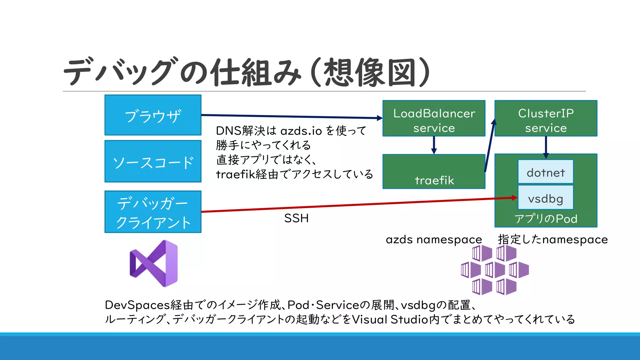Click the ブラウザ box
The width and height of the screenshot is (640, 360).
pyautogui.click(x=153, y=115)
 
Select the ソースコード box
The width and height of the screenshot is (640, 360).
pyautogui.click(x=153, y=161)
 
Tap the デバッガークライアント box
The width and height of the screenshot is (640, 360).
pyautogui.click(x=153, y=212)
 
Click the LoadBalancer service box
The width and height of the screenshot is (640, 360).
pyautogui.click(x=434, y=118)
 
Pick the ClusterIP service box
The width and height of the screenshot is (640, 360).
pyautogui.click(x=546, y=118)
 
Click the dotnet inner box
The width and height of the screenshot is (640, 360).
pyautogui.click(x=546, y=172)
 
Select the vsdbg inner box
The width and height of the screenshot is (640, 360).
pyautogui.click(x=546, y=198)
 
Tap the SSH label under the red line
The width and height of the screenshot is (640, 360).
pyautogui.click(x=296, y=218)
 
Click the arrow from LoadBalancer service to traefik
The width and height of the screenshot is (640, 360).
pyautogui.click(x=434, y=145)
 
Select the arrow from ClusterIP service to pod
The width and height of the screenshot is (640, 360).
pyautogui.click(x=546, y=147)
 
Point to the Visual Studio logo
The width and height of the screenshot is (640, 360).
pyautogui.click(x=154, y=263)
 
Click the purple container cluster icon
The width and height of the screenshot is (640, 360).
pyautogui.click(x=495, y=270)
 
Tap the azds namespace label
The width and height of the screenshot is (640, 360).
pyautogui.click(x=434, y=240)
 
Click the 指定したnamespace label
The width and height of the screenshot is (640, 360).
pyautogui.click(x=552, y=240)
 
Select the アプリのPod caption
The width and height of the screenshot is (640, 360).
pyautogui.click(x=546, y=219)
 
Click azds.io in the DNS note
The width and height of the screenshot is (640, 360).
pyautogui.click(x=301, y=131)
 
